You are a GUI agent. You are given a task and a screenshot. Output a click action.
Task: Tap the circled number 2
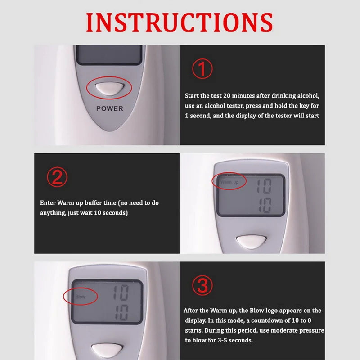57,178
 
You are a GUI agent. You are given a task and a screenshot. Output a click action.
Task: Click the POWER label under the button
109,108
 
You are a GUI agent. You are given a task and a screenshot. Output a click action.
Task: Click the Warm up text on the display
229,182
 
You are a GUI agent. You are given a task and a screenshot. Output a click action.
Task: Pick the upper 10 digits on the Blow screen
120,293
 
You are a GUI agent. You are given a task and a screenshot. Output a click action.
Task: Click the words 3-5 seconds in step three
235,341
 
